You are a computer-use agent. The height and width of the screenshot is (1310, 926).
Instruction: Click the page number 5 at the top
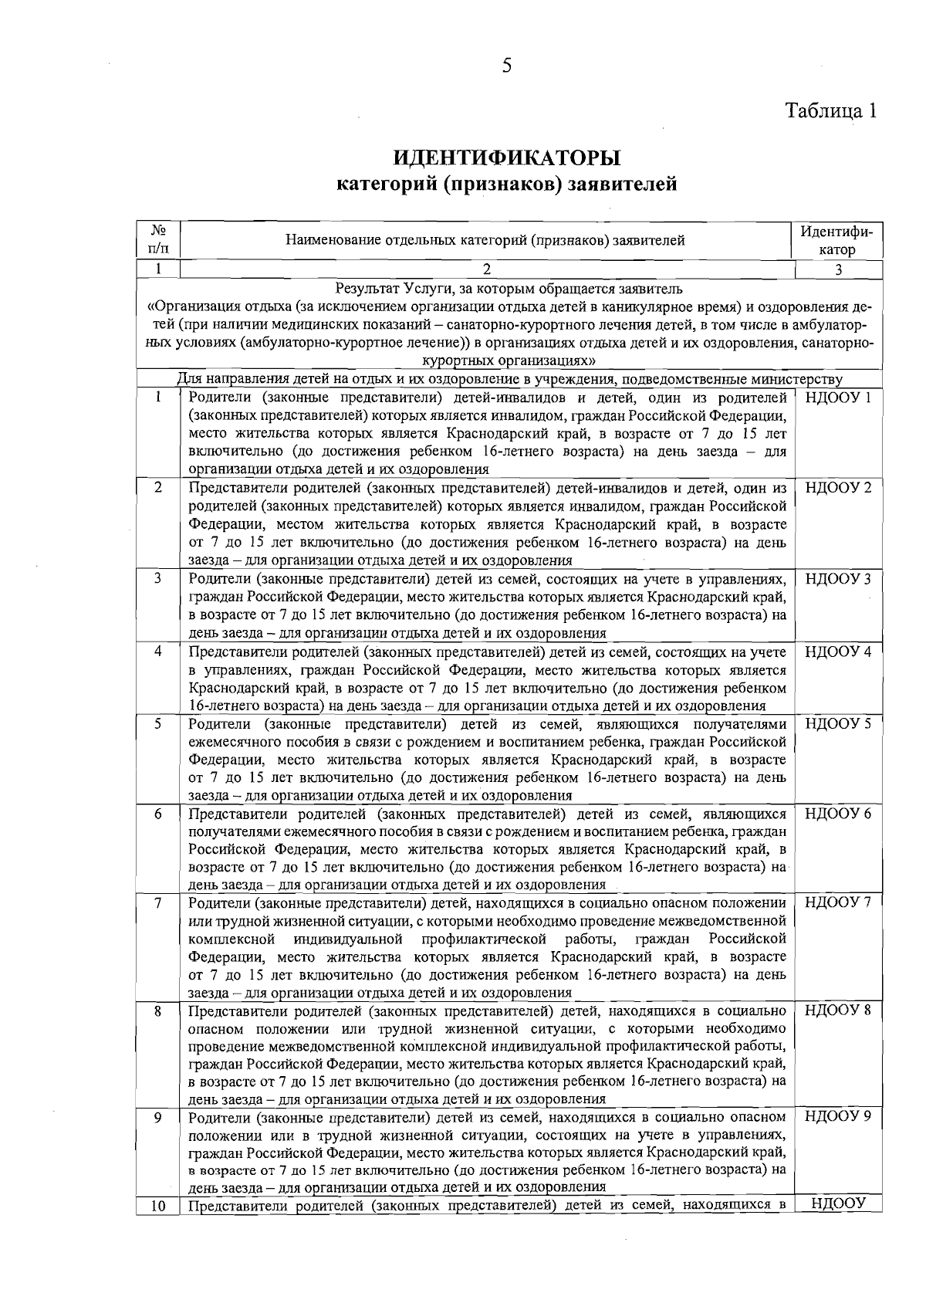(507, 66)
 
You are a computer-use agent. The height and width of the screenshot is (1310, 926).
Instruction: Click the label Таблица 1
(831, 110)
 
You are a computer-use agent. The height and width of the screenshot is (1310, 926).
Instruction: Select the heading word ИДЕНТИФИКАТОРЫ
(507, 159)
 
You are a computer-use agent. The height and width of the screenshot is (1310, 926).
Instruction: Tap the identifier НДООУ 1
(838, 398)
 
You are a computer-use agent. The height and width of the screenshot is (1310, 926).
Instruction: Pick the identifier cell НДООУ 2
(838, 488)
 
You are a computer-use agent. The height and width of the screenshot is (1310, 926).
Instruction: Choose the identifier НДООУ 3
(838, 579)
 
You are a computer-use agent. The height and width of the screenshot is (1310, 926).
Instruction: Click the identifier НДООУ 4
(838, 652)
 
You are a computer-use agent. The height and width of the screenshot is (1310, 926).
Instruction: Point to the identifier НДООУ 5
(838, 724)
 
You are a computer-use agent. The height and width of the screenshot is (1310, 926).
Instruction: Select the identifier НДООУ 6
(838, 814)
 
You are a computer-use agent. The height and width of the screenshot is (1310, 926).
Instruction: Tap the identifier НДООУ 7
(838, 903)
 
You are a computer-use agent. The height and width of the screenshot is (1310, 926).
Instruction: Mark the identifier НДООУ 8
(838, 1010)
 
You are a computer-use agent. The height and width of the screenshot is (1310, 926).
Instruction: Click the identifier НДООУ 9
(838, 1117)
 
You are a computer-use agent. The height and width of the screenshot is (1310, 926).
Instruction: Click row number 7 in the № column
(158, 903)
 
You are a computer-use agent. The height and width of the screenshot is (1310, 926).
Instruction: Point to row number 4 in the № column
(158, 652)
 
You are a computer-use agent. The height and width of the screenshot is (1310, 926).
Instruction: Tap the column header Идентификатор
(838, 241)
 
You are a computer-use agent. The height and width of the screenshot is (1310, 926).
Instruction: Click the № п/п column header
(158, 240)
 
